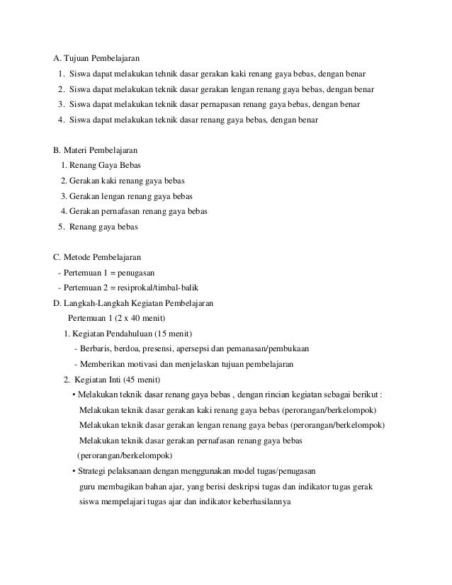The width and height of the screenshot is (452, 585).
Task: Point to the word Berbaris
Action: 96,348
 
